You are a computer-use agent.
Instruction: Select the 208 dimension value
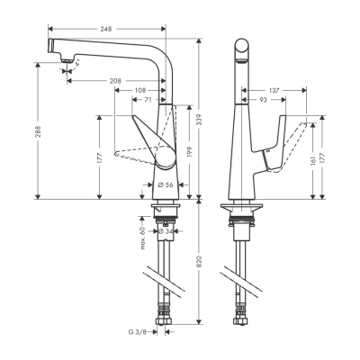point(117,80)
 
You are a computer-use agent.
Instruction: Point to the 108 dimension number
point(140,90)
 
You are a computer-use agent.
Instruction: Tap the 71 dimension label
point(148,101)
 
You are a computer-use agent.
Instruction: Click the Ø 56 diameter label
point(165,184)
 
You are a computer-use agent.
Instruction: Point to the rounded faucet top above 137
point(240,45)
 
